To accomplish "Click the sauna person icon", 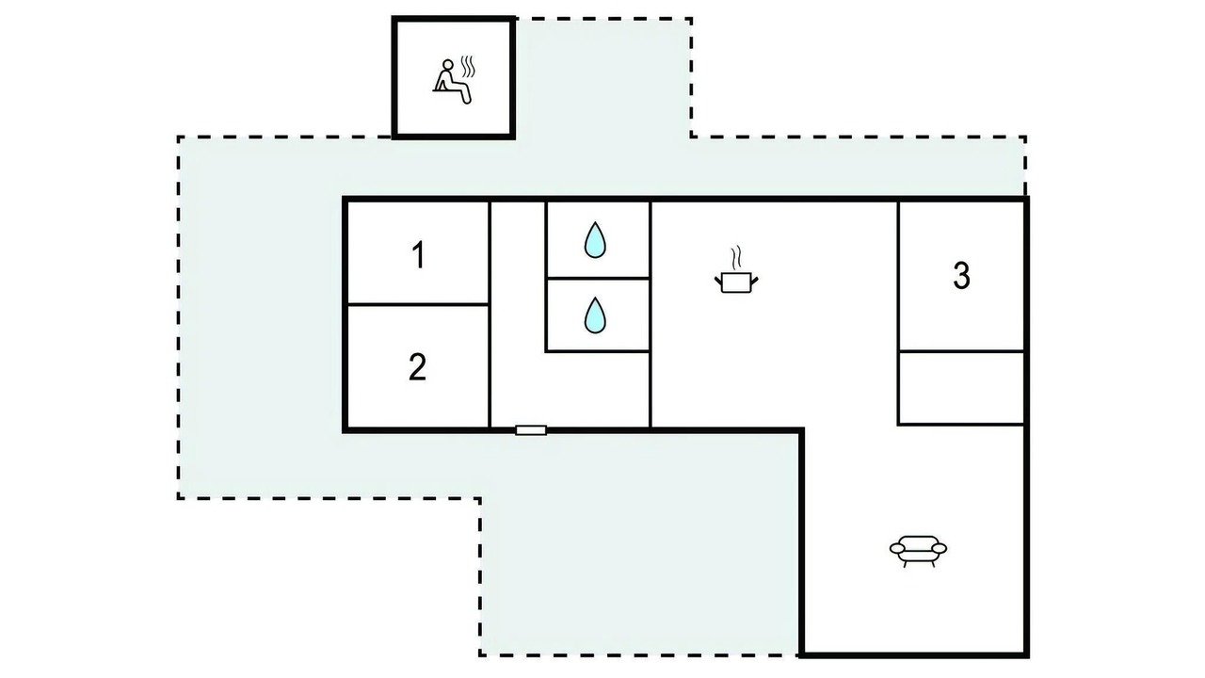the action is (x=453, y=81).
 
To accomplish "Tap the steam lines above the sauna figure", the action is (x=468, y=67).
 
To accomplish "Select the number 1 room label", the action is (x=419, y=255).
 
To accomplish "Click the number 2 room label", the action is (x=417, y=367).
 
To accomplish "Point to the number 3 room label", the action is (x=961, y=276).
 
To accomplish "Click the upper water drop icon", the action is (x=595, y=240).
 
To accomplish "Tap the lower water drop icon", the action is (x=595, y=315).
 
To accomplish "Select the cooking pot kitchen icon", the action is (x=736, y=270).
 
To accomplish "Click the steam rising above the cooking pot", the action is (x=736, y=257).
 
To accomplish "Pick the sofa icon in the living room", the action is (x=918, y=551).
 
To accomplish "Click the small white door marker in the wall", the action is (x=531, y=430).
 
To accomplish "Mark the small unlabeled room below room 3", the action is (x=961, y=388).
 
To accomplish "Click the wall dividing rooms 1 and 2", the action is (x=418, y=304).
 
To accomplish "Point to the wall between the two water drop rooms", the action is (x=598, y=278).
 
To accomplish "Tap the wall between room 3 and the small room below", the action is (x=961, y=351).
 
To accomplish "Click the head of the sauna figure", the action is (x=447, y=65).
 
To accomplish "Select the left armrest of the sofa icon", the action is (x=897, y=548).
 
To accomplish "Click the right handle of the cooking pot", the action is (x=754, y=281).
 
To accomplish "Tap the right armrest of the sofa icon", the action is (x=939, y=548).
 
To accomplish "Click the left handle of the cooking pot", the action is (x=718, y=281).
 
